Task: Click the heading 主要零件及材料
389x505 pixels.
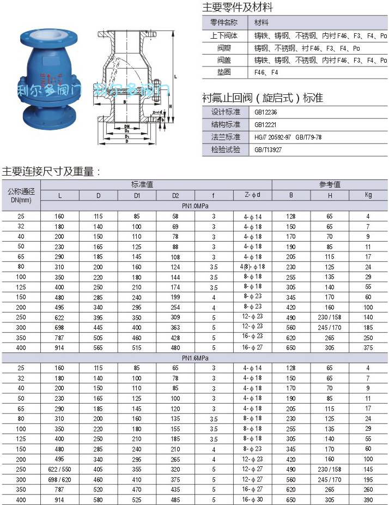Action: pyautogui.click(x=238, y=8)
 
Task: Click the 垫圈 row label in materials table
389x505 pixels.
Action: pyautogui.click(x=224, y=72)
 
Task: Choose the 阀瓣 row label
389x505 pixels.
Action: pyautogui.click(x=224, y=47)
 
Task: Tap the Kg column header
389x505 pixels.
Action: pyautogui.click(x=368, y=195)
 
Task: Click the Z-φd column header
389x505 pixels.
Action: pyautogui.click(x=252, y=195)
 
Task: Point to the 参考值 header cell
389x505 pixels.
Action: pyautogui.click(x=330, y=184)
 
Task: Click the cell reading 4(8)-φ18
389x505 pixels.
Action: pyautogui.click(x=252, y=266)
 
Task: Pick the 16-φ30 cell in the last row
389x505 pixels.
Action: pyautogui.click(x=252, y=500)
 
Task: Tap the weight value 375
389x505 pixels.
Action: pyautogui.click(x=368, y=347)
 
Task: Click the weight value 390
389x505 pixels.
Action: pyautogui.click(x=368, y=500)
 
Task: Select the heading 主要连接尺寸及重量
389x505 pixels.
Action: pyautogui.click(x=52, y=171)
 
